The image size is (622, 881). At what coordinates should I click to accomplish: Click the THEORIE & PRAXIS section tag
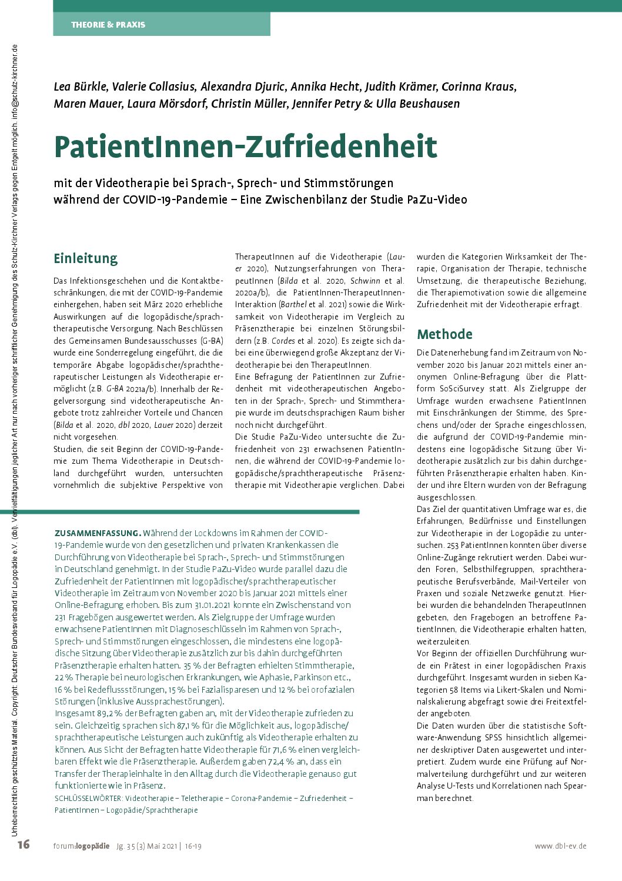[x=108, y=25]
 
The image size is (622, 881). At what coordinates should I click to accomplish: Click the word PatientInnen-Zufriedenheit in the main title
[x=245, y=147]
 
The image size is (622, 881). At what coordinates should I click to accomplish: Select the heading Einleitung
[x=85, y=258]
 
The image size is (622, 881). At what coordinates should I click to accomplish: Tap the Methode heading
[x=444, y=334]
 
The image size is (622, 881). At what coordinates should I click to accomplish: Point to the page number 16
[x=24, y=845]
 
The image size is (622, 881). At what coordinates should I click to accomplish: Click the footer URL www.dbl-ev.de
[x=560, y=846]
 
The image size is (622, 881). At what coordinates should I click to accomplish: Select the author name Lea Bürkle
[x=80, y=87]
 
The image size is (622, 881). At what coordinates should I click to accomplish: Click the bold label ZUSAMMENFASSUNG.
[x=98, y=533]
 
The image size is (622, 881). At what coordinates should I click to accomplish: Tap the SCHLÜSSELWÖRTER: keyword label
[x=89, y=798]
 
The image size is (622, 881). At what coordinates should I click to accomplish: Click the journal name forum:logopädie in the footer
[x=81, y=846]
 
